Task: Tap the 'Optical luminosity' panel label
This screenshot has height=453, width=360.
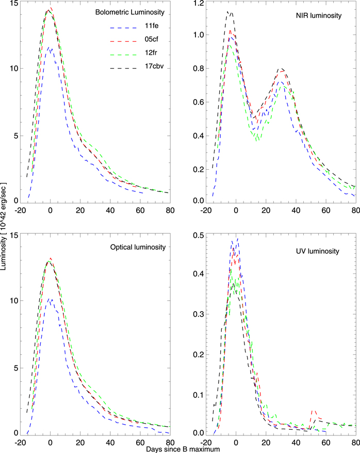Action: coord(138,247)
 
